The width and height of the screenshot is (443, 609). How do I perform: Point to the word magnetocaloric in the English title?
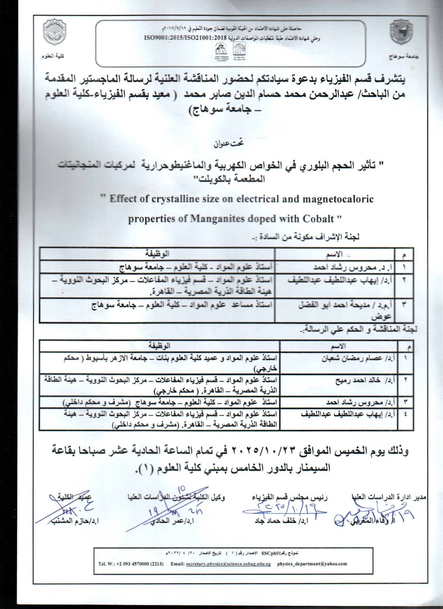(x=338, y=199)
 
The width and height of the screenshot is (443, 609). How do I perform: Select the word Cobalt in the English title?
(x=318, y=219)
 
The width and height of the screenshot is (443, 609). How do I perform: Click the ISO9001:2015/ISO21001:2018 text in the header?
(x=185, y=38)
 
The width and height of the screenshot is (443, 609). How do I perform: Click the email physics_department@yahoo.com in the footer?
(x=312, y=564)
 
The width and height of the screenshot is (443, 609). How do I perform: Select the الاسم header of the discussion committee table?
(x=338, y=346)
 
